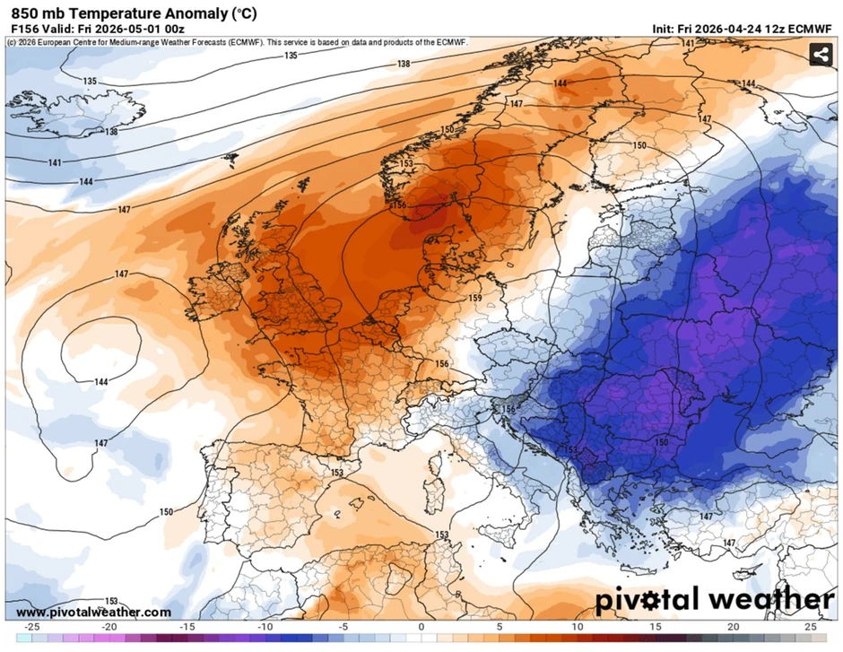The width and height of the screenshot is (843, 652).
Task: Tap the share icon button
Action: point(820,55)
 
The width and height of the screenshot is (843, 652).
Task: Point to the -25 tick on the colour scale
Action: point(32,626)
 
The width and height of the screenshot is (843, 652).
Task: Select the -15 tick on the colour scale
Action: point(187,626)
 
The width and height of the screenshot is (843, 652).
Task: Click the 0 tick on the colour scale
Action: point(421,626)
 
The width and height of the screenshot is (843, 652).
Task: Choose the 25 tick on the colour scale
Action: point(811,626)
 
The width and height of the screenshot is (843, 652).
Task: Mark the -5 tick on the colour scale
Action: point(343,626)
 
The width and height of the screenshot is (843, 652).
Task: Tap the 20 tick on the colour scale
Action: point(733,626)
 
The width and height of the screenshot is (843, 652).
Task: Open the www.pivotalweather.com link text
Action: point(93,612)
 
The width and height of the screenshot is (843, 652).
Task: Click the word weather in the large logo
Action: point(766,599)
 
